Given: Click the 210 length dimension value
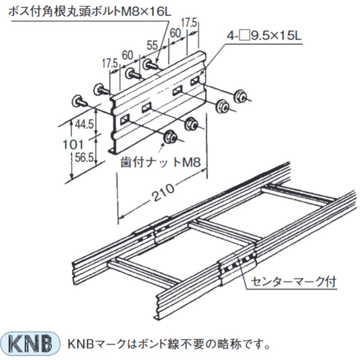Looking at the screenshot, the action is click(x=163, y=193).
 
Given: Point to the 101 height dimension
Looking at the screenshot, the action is click(x=73, y=144).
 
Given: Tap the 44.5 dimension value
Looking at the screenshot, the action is click(x=84, y=124).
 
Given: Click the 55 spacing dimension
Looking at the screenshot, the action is click(x=152, y=45).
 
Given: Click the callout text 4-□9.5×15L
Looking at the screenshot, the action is click(x=264, y=36).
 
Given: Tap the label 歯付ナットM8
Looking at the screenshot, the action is click(x=161, y=162).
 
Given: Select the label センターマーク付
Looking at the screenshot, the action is click(x=294, y=282).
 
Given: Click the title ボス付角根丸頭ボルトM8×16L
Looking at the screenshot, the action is click(x=90, y=12).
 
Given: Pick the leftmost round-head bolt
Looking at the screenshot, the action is click(x=80, y=102).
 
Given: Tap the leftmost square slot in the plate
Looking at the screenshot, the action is click(x=125, y=119).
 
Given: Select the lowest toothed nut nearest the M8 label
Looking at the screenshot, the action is click(x=170, y=137).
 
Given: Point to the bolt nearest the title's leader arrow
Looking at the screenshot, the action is click(x=151, y=64).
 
